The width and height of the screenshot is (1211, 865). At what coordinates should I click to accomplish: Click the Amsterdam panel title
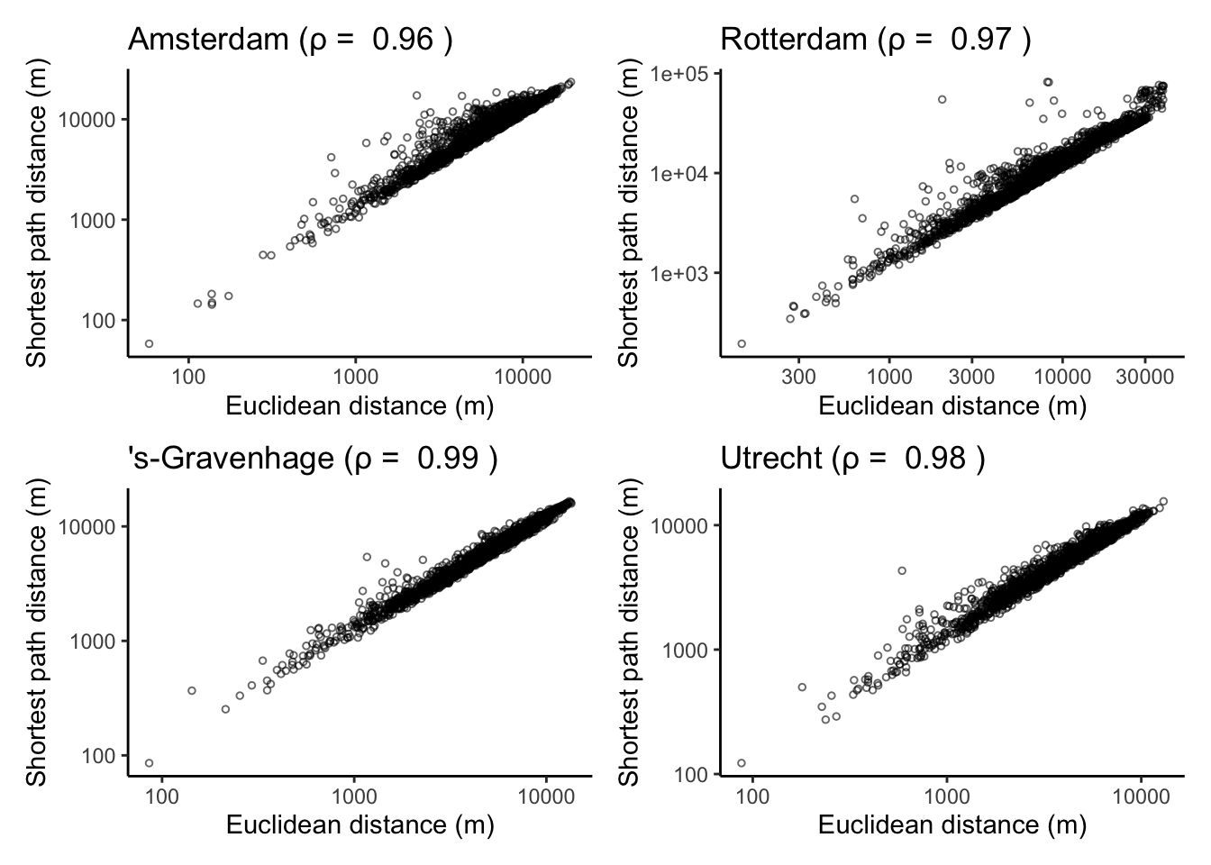click(x=290, y=40)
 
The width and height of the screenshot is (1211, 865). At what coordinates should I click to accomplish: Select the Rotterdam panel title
click(x=876, y=40)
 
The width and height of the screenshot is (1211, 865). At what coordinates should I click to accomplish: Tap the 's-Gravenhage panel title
click(x=313, y=459)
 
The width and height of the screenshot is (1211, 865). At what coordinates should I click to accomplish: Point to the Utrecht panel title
click(x=852, y=459)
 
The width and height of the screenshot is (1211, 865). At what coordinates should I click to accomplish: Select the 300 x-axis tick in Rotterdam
click(x=799, y=376)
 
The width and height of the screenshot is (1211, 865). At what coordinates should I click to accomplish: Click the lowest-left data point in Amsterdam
click(x=149, y=343)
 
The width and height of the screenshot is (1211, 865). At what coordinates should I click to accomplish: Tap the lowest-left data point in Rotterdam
click(x=742, y=343)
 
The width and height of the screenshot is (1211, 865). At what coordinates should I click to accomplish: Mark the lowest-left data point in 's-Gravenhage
click(x=149, y=763)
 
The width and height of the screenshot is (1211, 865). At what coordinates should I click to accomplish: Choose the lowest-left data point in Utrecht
click(x=742, y=763)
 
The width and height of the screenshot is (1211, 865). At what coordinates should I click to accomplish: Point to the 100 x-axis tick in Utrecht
click(x=752, y=796)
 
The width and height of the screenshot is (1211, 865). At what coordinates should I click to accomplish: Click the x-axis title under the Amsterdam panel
click(x=360, y=406)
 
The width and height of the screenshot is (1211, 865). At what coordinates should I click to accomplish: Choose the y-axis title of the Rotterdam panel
click(x=630, y=213)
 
